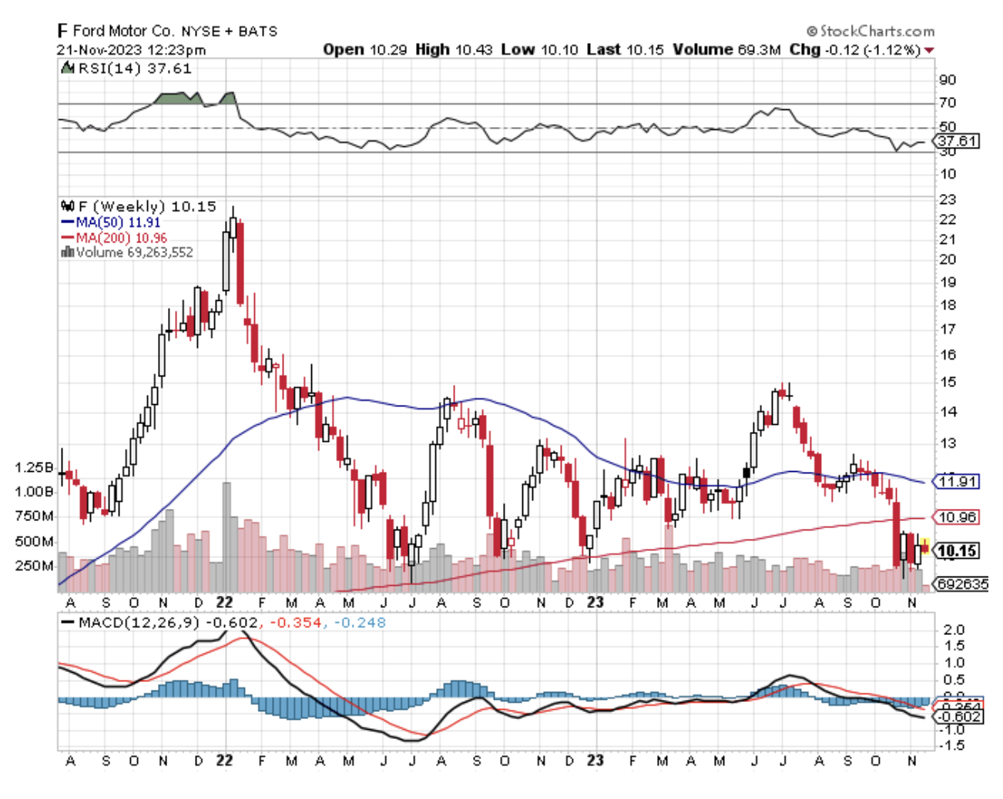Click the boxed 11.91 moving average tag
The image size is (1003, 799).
pos(956,482)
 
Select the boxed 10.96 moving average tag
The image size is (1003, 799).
pos(956,517)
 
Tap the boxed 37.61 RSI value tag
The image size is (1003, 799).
pos(956,141)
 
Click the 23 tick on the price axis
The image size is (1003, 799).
pos(947,199)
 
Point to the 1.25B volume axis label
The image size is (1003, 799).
pos(34,468)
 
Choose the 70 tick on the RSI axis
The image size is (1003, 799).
pos(947,102)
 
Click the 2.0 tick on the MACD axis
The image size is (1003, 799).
pos(953,630)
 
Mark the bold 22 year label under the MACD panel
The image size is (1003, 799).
pos(224,761)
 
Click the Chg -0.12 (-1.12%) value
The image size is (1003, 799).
pos(855,49)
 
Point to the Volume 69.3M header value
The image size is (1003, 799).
pos(726,49)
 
